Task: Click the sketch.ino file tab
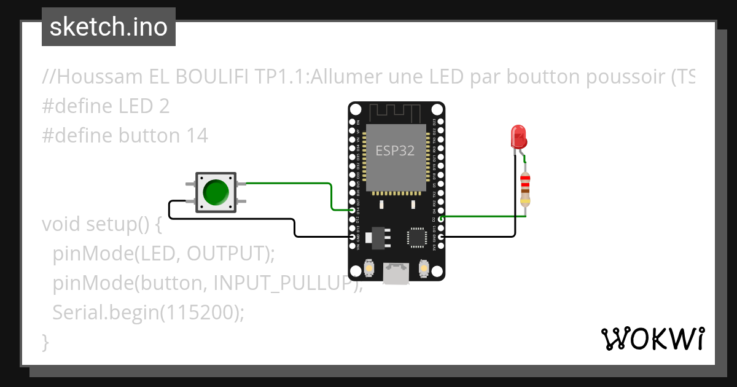click(x=108, y=27)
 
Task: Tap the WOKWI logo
click(x=652, y=338)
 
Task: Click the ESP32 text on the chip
click(x=395, y=150)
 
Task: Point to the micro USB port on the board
click(x=396, y=273)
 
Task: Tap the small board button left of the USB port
click(x=369, y=268)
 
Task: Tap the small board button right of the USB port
click(x=423, y=268)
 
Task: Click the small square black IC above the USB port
click(x=417, y=237)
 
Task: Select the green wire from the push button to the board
click(x=289, y=183)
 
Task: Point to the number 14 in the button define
click(x=197, y=136)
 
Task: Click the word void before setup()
click(x=63, y=224)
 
